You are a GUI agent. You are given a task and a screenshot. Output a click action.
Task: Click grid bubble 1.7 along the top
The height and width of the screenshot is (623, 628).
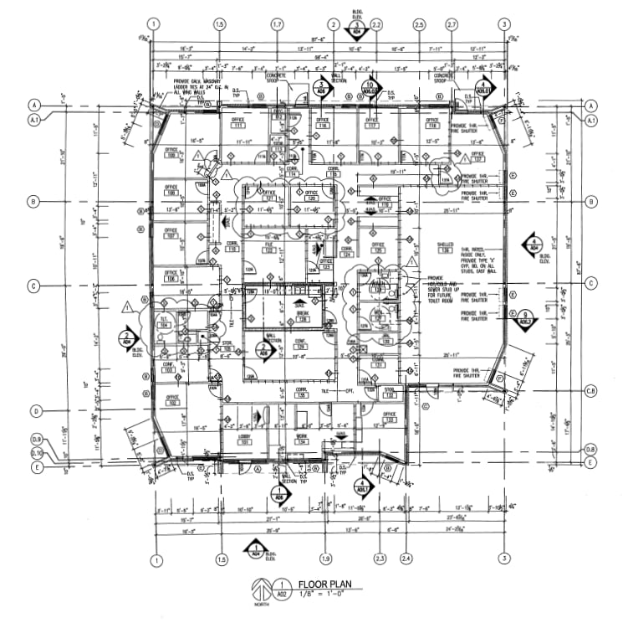tap(277, 24)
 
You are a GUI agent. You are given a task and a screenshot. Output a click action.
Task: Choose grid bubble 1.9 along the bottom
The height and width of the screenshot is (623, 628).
tap(325, 559)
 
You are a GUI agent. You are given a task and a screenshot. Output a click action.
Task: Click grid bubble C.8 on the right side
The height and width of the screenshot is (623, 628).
tap(590, 391)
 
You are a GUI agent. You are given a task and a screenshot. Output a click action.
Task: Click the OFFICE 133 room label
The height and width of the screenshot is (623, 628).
tap(389, 415)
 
